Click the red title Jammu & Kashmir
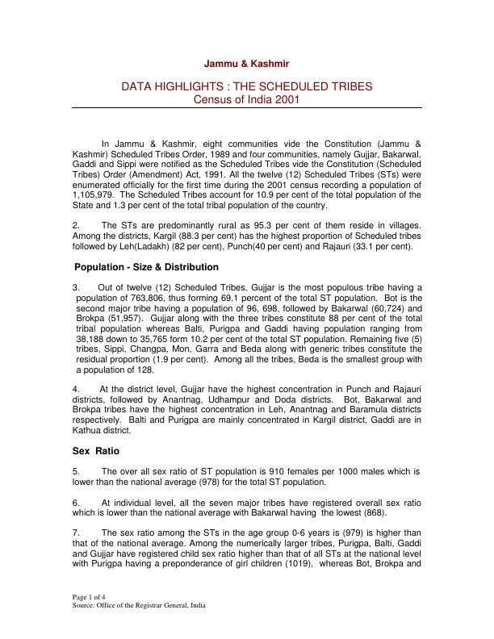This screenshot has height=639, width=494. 247,63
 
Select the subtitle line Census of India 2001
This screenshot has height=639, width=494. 247,99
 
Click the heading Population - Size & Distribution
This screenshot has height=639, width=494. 146,267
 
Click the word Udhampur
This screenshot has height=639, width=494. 249,399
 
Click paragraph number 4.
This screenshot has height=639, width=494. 76,389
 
